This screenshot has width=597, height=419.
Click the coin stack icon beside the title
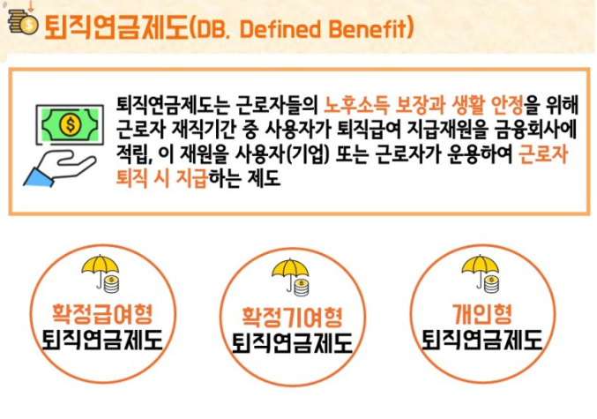(x=23, y=22)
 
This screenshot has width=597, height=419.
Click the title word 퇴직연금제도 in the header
(x=116, y=28)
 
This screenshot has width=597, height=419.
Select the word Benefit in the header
(x=367, y=28)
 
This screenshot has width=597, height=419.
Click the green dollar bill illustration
(x=70, y=124)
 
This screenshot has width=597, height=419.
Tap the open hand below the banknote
(x=60, y=168)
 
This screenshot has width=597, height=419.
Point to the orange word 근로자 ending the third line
(x=543, y=153)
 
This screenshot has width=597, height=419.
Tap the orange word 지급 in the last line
(x=191, y=178)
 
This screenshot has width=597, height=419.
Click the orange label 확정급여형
(x=102, y=313)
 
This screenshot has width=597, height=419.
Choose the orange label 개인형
(x=482, y=313)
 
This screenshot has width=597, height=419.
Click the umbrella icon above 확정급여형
(x=101, y=273)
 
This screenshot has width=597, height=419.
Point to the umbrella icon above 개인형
(x=481, y=273)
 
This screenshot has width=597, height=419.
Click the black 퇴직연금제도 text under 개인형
(x=482, y=340)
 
